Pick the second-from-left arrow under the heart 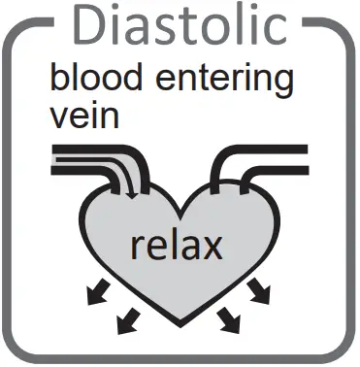coord(124,319)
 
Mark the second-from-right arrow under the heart coord(229,319)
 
